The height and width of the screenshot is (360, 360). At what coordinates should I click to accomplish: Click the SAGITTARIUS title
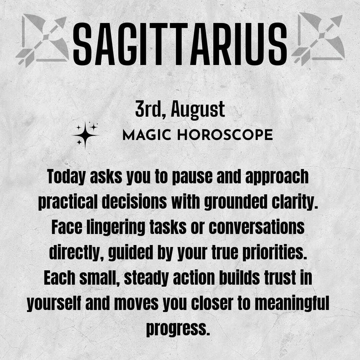tap(180, 44)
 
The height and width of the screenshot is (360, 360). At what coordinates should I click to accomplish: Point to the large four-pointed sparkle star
tap(85, 135)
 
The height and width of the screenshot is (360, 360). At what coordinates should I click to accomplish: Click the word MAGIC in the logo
tap(147, 135)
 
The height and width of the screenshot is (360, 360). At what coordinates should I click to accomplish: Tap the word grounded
tap(236, 202)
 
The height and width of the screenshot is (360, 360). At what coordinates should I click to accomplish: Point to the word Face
tap(67, 227)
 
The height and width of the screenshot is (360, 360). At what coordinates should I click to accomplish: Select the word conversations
tap(257, 227)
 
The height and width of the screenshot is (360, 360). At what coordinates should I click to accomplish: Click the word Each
tap(59, 278)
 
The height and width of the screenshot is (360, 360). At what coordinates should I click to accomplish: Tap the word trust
tap(280, 278)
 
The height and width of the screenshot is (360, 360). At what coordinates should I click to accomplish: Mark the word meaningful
tap(292, 303)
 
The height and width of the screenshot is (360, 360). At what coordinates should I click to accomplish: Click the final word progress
tap(178, 329)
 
